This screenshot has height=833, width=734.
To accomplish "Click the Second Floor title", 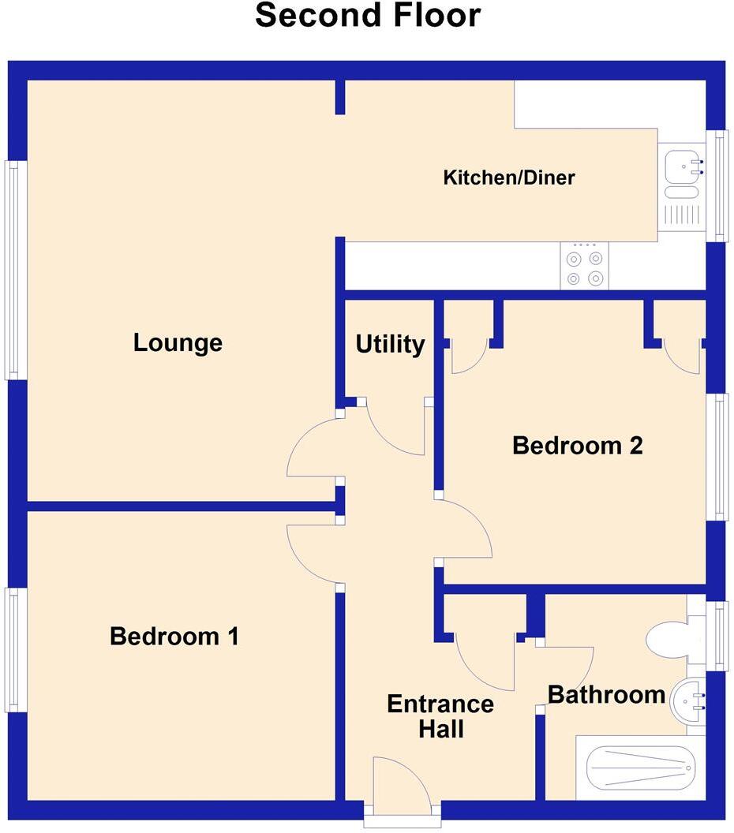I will click(367, 16).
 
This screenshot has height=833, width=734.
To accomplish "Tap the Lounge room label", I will click(178, 343).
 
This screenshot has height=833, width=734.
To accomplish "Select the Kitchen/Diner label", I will click(509, 177).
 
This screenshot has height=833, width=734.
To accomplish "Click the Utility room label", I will click(390, 345).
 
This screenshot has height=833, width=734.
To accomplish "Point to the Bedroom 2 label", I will click(578, 446).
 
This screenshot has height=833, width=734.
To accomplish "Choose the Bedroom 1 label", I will click(174, 636).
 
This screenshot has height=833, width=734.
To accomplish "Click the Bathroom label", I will click(606, 695).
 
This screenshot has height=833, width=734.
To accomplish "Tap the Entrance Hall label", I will click(440, 716).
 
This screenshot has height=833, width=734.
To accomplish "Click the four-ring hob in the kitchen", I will click(585, 267).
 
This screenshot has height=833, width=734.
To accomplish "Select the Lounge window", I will click(16, 270).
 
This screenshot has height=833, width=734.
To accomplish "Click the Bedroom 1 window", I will click(16, 649).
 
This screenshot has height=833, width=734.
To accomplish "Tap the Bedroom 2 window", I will click(717, 457).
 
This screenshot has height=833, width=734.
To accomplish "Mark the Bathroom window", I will click(717, 636).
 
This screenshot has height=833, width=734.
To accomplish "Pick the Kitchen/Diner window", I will click(717, 185).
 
